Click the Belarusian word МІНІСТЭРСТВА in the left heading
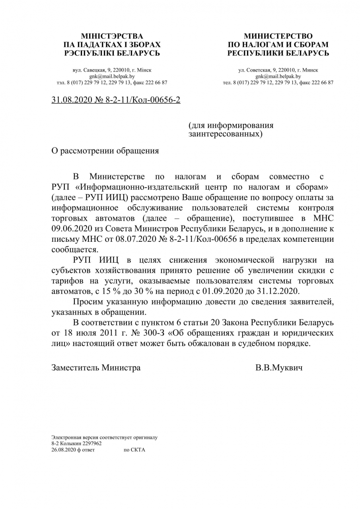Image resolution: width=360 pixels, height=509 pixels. pyautogui.click(x=112, y=36)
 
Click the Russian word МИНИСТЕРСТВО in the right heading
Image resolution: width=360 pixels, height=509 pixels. pyautogui.click(x=278, y=36)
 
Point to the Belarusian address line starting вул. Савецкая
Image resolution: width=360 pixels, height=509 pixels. pyautogui.click(x=112, y=70)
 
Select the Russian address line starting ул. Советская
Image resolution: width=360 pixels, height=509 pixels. pyautogui.click(x=278, y=70)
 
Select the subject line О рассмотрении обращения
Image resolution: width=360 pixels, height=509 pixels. pyautogui.click(x=105, y=151)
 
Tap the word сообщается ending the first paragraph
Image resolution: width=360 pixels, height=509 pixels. pyautogui.click(x=74, y=249)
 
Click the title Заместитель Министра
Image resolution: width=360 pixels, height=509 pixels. pyautogui.click(x=96, y=367)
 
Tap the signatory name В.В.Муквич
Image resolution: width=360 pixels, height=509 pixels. pyautogui.click(x=279, y=367)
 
